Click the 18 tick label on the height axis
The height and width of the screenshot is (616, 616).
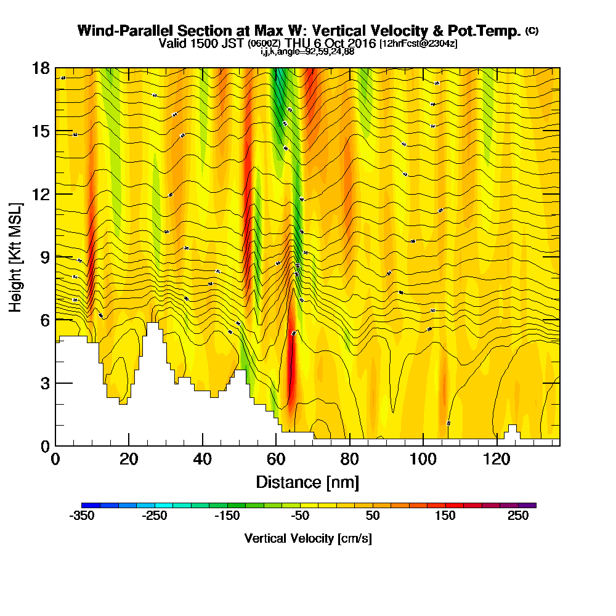point(41,68)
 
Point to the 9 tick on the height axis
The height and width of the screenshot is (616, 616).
point(55,257)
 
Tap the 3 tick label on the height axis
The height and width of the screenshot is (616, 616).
point(45,383)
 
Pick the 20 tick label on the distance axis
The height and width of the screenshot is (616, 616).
point(129,460)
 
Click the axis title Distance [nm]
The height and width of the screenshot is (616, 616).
point(307,482)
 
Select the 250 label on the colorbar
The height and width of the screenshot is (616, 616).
point(518,516)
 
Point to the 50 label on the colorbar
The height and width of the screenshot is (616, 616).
point(372,516)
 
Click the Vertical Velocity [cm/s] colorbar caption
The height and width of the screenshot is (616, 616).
point(308,538)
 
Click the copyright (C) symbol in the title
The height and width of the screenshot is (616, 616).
point(532,31)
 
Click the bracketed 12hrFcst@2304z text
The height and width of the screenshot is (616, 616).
point(418,44)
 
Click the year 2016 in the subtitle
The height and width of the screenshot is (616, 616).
point(361,44)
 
